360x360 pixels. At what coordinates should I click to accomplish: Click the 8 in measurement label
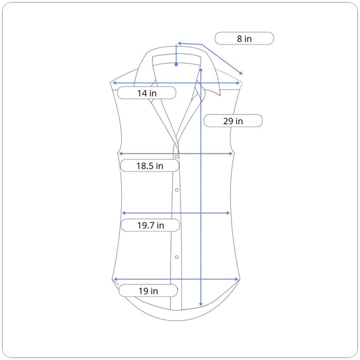click(x=244, y=38)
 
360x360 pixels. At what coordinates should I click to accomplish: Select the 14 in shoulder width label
click(x=147, y=93)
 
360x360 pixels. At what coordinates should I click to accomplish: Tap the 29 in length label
click(x=233, y=121)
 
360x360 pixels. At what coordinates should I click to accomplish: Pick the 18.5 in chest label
click(x=149, y=166)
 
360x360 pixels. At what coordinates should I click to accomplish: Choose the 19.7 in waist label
click(x=151, y=225)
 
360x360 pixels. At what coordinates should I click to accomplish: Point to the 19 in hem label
click(x=148, y=290)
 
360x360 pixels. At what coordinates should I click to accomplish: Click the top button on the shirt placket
click(x=176, y=157)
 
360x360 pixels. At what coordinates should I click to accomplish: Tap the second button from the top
click(x=176, y=190)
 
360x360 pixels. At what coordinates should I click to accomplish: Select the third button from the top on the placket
click(x=176, y=257)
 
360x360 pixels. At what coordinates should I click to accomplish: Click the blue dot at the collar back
click(x=176, y=65)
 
